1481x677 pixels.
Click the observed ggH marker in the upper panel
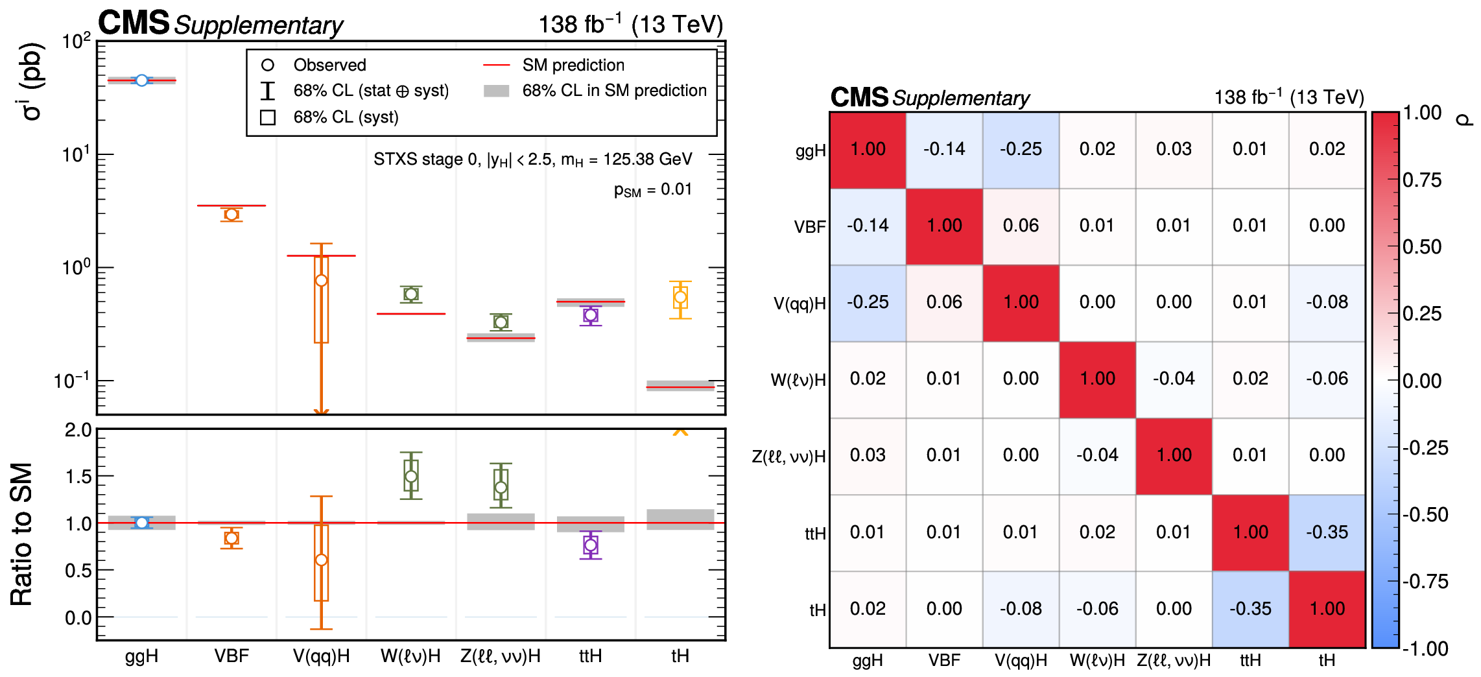(x=141, y=80)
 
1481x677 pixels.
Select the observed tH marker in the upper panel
(x=680, y=298)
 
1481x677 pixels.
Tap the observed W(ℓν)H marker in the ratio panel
(x=410, y=477)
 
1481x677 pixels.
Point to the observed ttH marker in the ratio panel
(x=590, y=545)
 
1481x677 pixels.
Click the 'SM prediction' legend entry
(x=573, y=65)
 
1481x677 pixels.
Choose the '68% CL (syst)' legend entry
(x=346, y=117)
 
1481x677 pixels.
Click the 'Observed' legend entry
(x=329, y=65)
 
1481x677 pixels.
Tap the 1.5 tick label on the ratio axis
(x=78, y=477)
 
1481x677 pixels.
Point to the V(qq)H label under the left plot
(x=321, y=656)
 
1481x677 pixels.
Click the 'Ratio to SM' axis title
(x=21, y=534)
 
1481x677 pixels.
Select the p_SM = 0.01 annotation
(x=652, y=189)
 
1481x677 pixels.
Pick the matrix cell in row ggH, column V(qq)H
(x=1021, y=149)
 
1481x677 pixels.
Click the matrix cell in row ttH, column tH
(x=1327, y=532)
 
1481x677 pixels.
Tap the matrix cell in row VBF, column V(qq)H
(x=1021, y=226)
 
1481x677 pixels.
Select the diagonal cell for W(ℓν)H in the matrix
(x=1097, y=379)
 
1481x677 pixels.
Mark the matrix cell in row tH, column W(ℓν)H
(x=1097, y=608)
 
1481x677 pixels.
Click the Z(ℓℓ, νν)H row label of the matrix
(x=788, y=457)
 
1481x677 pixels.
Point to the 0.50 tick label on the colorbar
(x=1422, y=247)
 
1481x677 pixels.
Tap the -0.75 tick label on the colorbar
(x=1425, y=582)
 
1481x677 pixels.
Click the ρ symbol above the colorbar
(x=1464, y=119)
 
